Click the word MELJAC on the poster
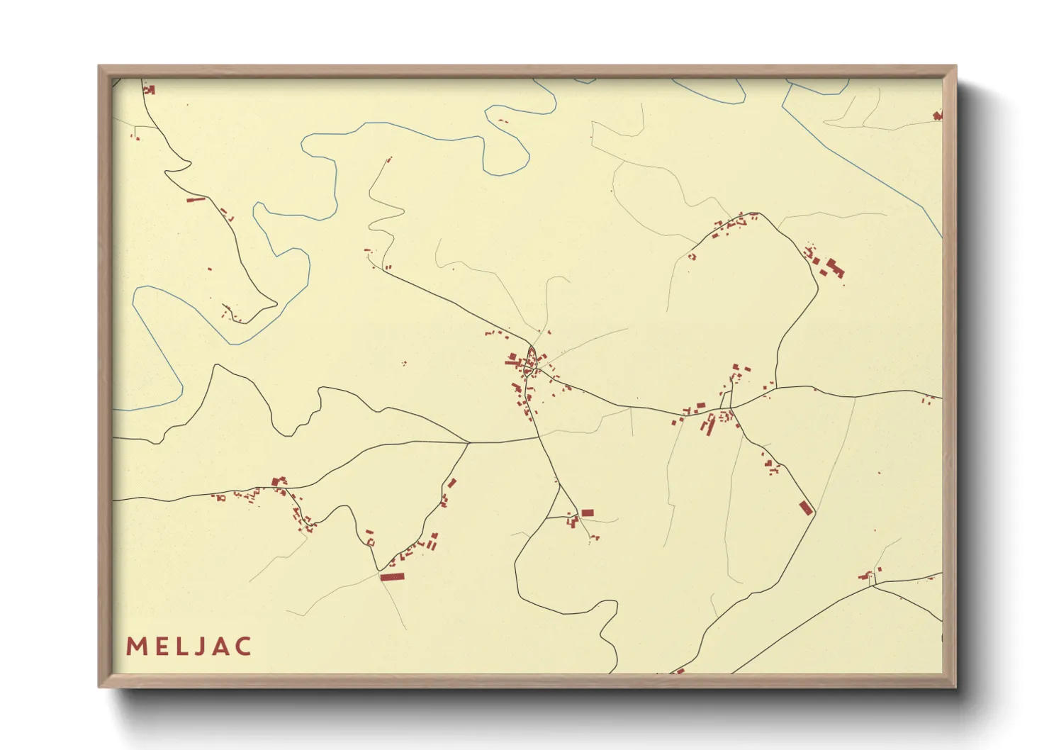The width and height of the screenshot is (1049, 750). [x=189, y=647]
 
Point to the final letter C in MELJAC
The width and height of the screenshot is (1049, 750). [x=243, y=647]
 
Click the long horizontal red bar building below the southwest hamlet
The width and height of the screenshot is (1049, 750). [x=391, y=577]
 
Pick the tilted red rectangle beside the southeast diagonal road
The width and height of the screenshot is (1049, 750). [x=805, y=507]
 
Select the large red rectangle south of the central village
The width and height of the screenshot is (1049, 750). [x=587, y=513]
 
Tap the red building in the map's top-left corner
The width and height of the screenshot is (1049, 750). [x=149, y=89]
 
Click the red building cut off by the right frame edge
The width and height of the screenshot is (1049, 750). [x=938, y=115]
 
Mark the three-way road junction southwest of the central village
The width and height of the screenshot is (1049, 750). [x=469, y=443]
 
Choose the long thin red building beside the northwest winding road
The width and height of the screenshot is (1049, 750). [x=195, y=200]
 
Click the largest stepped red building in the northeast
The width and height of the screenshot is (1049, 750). [x=834, y=268]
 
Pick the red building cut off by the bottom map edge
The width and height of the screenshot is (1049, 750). [x=679, y=670]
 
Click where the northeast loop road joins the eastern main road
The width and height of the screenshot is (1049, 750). [x=776, y=388]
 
